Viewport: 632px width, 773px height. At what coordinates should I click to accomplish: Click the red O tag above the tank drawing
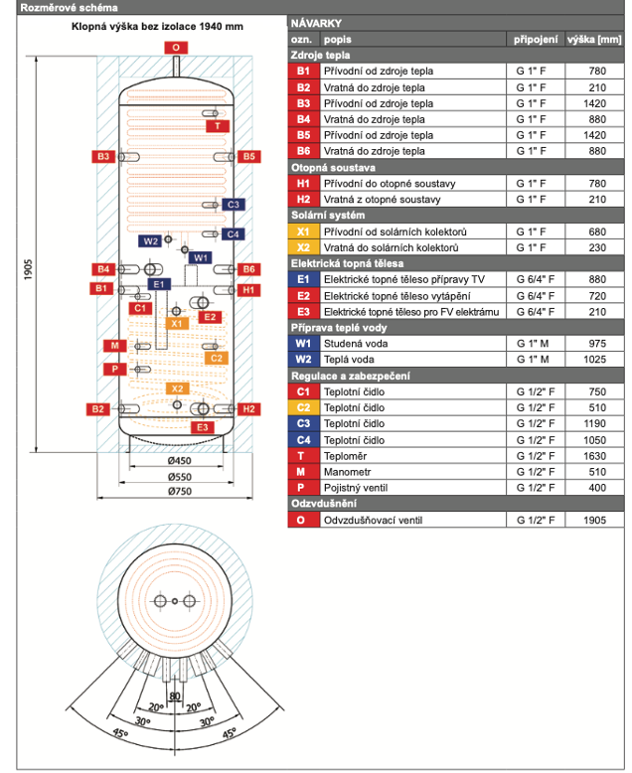coord(176,47)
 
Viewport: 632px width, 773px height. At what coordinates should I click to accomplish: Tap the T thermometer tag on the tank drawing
coord(217,126)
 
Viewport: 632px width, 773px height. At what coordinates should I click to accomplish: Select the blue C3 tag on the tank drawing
coord(233,204)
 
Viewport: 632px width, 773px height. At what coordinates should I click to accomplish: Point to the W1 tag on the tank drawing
coord(201,257)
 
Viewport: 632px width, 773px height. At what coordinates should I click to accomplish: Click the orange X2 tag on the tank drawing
coord(176,388)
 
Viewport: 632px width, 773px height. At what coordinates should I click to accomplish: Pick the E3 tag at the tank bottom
coord(202,427)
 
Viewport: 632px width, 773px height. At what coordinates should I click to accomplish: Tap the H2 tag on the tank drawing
coord(248,408)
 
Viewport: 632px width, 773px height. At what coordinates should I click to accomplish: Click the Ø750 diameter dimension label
coord(179,491)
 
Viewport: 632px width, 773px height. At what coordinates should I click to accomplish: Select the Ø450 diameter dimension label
coord(179,461)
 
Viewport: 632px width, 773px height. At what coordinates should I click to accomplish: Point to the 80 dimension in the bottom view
coord(175,696)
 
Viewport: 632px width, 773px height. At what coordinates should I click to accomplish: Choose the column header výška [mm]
coord(593,39)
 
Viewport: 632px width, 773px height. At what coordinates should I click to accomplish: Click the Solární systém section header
coord(328,216)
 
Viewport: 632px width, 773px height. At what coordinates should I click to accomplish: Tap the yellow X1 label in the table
coord(303,232)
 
